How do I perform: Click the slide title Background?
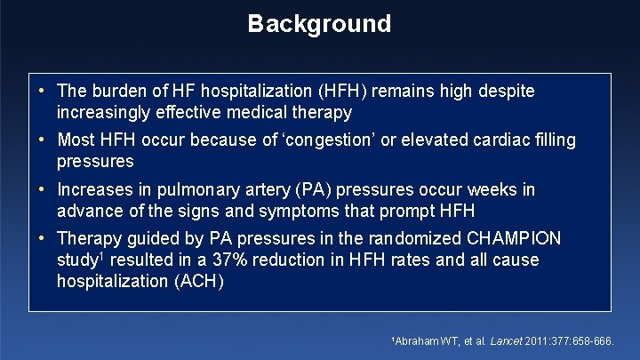[319, 23]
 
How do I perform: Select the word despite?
[508, 91]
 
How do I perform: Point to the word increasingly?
[108, 113]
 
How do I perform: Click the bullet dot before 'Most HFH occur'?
[44, 140]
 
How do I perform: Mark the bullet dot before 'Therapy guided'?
[44, 238]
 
